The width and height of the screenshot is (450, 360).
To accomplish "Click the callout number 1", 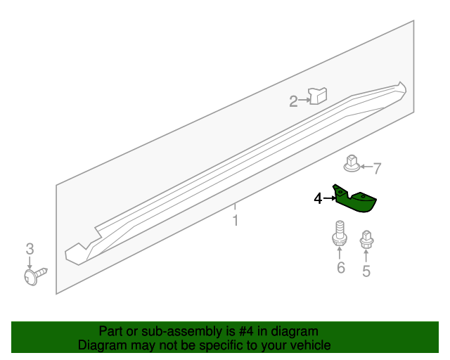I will pos(236,221).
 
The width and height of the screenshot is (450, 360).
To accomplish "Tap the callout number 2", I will pos(293,102).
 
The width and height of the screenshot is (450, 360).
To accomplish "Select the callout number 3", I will pos(30,248).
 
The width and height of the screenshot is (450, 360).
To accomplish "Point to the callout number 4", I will pos(318,199).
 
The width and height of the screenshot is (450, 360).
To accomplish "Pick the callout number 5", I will pos(366,271).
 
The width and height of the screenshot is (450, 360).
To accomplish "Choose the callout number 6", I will pos(340,268).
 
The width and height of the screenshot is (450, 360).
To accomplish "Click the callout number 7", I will pos(377,168).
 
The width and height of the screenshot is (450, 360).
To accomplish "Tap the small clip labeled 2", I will pos(319,95).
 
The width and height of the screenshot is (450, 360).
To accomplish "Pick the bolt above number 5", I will pos(366,240).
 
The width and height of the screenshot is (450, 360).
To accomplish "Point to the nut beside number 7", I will pos(352,165).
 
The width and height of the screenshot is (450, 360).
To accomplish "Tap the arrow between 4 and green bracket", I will pos(329,199).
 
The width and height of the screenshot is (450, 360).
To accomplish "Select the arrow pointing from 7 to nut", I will pos(366,167).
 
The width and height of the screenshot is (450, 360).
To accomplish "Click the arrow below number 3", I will pos(30,262).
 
